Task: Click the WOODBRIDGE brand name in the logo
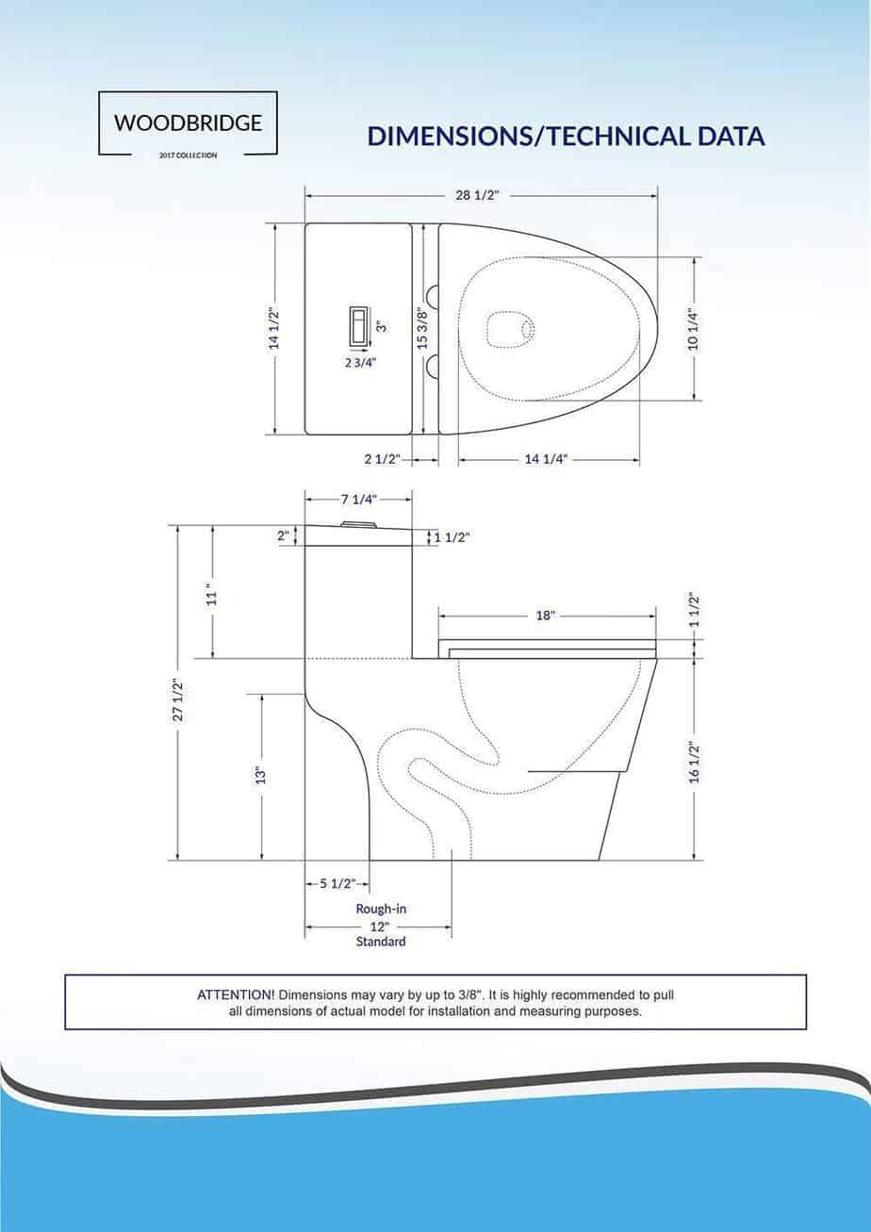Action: tap(188, 123)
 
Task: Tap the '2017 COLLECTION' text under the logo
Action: tap(188, 156)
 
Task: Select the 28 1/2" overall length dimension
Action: tap(476, 195)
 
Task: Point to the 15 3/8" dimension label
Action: tap(423, 328)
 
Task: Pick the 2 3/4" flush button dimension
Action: tap(360, 361)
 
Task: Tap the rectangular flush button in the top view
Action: tap(360, 327)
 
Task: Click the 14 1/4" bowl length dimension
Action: tap(546, 460)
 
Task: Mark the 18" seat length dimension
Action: tap(546, 615)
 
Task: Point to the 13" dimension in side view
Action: tap(261, 775)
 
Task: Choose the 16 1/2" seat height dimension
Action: tap(695, 762)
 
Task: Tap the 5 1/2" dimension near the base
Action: tap(336, 883)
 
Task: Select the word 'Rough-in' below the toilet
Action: tap(381, 910)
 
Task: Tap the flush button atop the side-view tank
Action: tap(359, 522)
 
